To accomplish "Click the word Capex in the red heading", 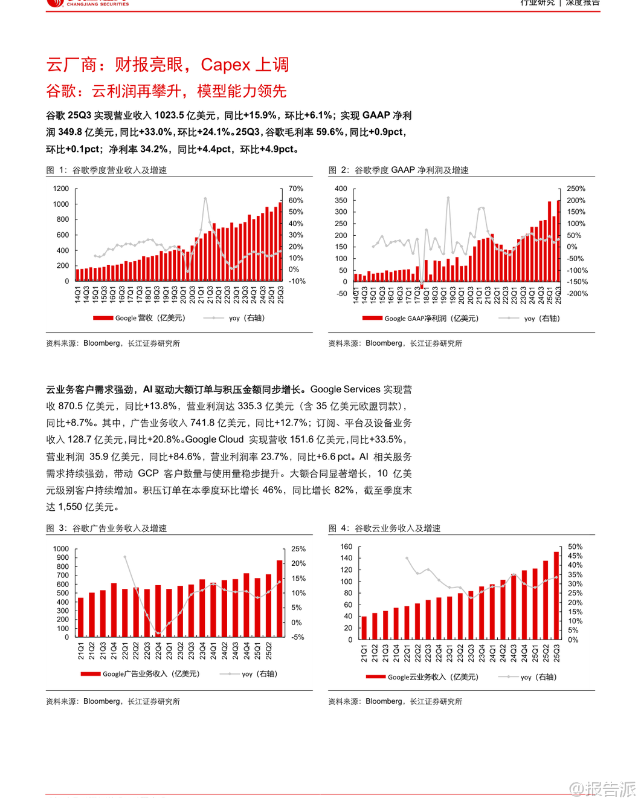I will tap(225, 65).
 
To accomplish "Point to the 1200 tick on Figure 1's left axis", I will tap(61, 189).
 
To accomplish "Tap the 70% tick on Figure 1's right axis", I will tap(296, 189).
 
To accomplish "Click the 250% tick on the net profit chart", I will tap(576, 189).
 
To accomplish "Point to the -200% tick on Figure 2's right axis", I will tap(577, 294).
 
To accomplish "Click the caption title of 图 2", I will tap(411, 170).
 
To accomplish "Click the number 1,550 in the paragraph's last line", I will tap(70, 507).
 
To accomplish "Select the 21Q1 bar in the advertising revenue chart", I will tap(81, 617).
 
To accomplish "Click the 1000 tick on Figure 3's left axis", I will tap(61, 549).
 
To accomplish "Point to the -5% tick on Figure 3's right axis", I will tap(298, 637).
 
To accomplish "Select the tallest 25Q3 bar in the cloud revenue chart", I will tap(556, 595).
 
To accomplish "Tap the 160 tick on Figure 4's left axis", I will tap(346, 547).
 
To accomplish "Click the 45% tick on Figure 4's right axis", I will tap(575, 556).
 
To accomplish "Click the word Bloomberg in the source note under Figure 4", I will tap(384, 701).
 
